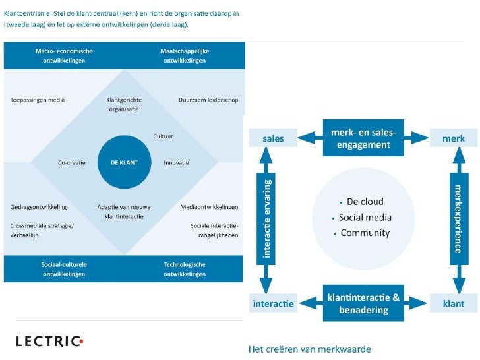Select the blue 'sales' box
pyautogui.click(x=273, y=139)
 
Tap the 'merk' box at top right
pyautogui.click(x=454, y=139)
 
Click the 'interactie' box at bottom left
pyautogui.click(x=274, y=304)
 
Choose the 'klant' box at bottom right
pyautogui.click(x=454, y=304)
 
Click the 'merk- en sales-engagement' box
pyautogui.click(x=363, y=138)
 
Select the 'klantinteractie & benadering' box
pyautogui.click(x=363, y=304)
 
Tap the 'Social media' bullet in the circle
pyautogui.click(x=365, y=218)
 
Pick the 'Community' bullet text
pyautogui.click(x=365, y=233)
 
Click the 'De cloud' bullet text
pyautogui.click(x=365, y=202)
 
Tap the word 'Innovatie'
pyautogui.click(x=176, y=162)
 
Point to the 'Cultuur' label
pyautogui.click(x=163, y=136)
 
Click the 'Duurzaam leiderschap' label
pyautogui.click(x=208, y=100)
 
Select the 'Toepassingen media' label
pyautogui.click(x=38, y=100)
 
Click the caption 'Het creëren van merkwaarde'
pyautogui.click(x=309, y=349)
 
